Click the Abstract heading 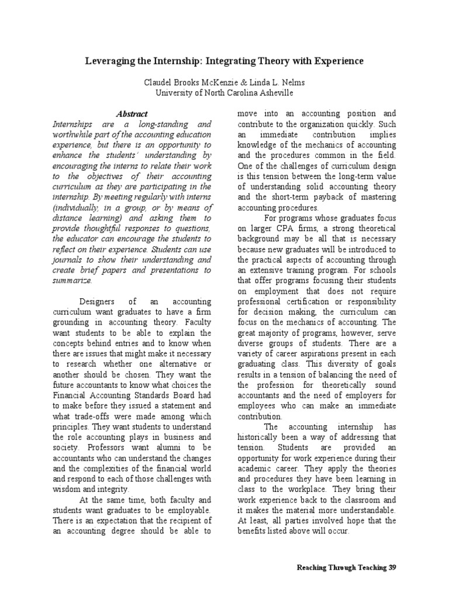(132, 114)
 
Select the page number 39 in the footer (392, 568)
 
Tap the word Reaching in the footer (313, 568)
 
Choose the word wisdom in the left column (67, 490)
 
